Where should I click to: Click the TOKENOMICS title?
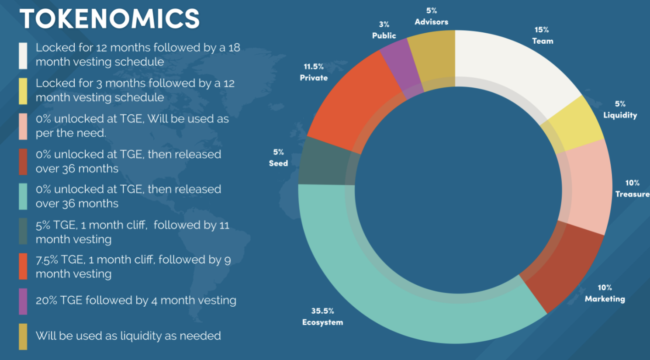(110, 19)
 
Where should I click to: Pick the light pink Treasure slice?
(588, 186)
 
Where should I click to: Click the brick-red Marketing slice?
(561, 267)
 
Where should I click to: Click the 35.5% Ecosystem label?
(322, 317)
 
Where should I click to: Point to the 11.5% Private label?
(314, 72)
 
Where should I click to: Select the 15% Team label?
(542, 35)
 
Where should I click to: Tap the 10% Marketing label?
(605, 293)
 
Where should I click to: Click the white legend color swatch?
(23, 55)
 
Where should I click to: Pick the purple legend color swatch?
(23, 301)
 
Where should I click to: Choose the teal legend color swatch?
(23, 197)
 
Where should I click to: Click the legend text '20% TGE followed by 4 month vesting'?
(136, 301)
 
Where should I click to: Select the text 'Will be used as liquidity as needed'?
(128, 336)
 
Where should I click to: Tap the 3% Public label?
(384, 30)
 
